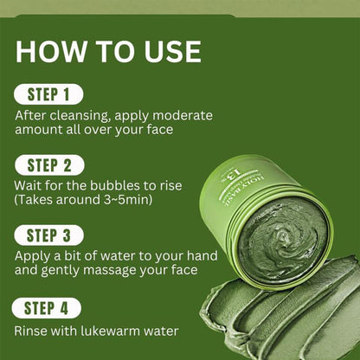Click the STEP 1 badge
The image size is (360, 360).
[48, 94]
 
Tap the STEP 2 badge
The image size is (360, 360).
[49, 165]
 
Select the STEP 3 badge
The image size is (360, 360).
[48, 235]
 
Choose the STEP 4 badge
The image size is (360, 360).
[47, 308]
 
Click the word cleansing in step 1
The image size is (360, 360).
[80, 116]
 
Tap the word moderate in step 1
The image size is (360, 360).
[183, 116]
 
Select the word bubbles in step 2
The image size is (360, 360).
[115, 185]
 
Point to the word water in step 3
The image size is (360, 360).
[115, 256]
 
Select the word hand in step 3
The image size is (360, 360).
[202, 256]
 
